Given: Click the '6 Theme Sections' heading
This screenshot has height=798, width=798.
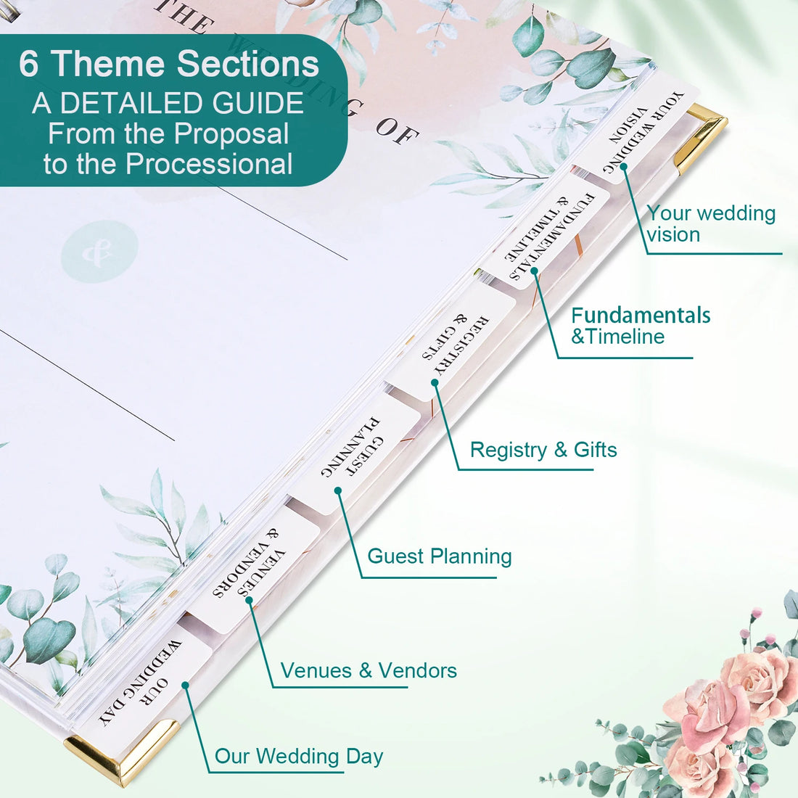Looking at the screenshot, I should (x=168, y=64).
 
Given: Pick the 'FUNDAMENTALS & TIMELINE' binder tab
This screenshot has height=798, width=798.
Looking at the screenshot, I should (x=551, y=228).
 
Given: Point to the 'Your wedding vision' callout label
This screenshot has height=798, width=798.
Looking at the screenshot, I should (x=711, y=223).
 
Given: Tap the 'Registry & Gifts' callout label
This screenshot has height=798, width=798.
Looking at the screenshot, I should (x=543, y=450).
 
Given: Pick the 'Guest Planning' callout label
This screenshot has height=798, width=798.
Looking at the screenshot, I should (x=440, y=556).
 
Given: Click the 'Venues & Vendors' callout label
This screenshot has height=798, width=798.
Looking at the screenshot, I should (x=369, y=670).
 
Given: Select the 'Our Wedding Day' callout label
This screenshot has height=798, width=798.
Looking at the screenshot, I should (x=299, y=757).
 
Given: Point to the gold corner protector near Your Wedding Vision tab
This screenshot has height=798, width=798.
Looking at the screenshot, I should (x=701, y=135).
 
